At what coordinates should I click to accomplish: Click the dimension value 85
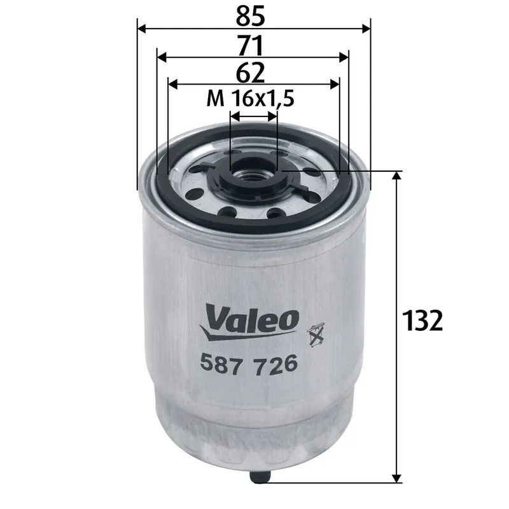pos(253,15)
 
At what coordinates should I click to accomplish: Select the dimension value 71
pos(253,45)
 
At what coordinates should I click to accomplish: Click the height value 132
pos(421,321)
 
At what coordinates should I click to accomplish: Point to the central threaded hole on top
pos(253,172)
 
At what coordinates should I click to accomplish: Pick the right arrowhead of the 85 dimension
pos(365,29)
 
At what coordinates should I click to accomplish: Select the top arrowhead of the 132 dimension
pos(398,177)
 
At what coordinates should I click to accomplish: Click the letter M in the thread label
pos(215,99)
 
